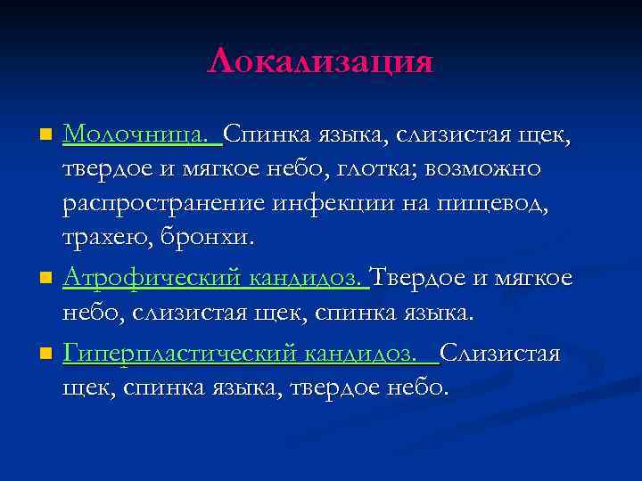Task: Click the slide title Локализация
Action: click(x=320, y=62)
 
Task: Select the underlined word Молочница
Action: click(x=136, y=135)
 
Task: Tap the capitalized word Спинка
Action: click(x=264, y=135)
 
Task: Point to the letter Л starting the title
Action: click(x=220, y=62)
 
